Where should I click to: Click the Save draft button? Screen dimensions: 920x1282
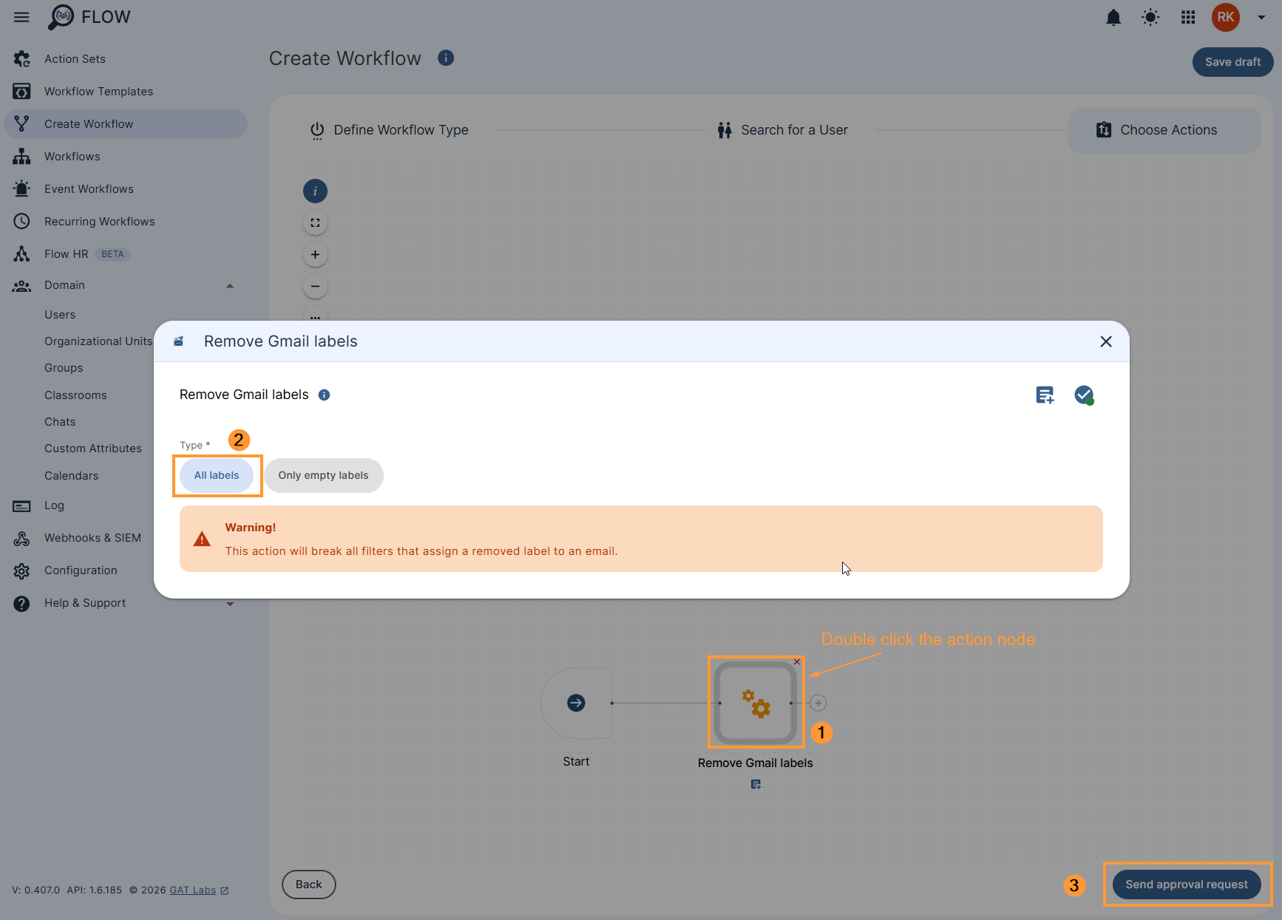point(1232,62)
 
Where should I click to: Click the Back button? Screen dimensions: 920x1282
point(309,885)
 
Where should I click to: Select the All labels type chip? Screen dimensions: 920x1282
point(217,475)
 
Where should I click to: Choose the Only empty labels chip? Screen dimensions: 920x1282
point(323,475)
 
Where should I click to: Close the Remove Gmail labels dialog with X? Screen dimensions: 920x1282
point(1106,341)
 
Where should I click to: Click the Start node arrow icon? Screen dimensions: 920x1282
point(576,703)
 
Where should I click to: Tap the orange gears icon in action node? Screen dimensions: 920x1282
point(756,703)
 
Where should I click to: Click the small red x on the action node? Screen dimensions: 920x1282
point(797,662)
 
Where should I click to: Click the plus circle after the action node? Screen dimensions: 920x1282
point(818,703)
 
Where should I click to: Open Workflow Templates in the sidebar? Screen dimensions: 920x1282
point(98,92)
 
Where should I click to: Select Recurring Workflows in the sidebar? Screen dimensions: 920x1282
point(99,222)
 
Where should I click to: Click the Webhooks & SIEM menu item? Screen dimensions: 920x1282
point(92,538)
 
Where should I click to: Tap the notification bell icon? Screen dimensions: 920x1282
point(1113,18)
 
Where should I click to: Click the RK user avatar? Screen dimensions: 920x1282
point(1225,18)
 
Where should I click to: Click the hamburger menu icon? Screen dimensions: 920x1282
point(21,17)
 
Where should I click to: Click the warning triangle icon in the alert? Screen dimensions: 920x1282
point(202,539)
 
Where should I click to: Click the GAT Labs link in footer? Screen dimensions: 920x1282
point(193,890)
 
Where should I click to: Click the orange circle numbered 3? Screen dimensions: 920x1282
point(1074,885)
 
